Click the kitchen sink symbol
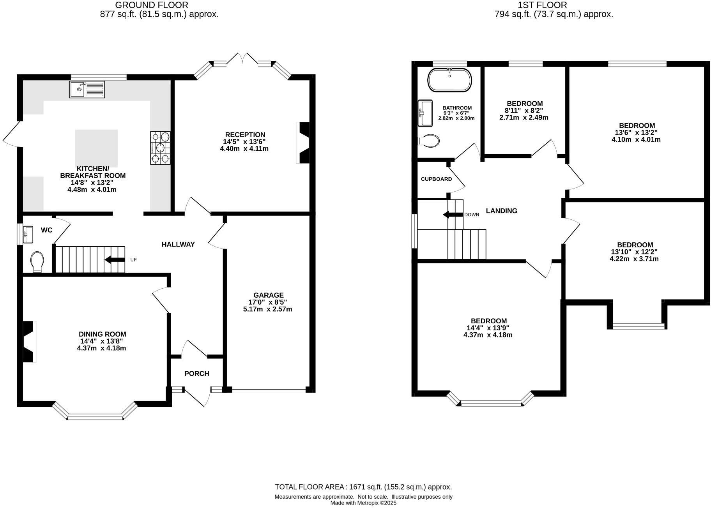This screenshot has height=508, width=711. point(87,89)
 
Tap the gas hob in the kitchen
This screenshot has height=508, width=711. point(160,148)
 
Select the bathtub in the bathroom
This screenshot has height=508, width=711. point(449,80)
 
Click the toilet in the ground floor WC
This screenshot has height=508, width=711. point(37,261)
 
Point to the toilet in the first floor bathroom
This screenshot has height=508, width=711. point(428,140)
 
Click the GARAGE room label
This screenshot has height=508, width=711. point(268,295)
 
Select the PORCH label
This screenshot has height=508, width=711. point(196,374)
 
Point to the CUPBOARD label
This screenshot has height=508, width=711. point(436,179)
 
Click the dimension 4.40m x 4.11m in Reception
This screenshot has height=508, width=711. point(244,149)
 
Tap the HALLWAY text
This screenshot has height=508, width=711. point(178,245)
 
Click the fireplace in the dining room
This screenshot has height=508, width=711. point(30,342)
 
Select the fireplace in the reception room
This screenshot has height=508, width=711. point(303,143)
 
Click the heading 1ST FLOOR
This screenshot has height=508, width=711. point(542,5)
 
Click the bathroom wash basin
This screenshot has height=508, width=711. point(425,113)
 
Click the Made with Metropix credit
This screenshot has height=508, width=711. point(363,503)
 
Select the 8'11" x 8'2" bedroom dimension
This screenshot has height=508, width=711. point(524,111)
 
